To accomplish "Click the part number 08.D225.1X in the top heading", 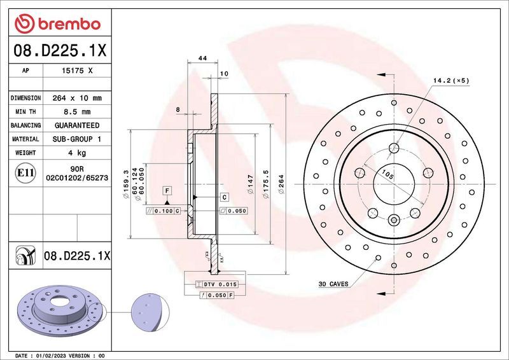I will (x=58, y=50).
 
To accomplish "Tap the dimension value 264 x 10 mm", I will (x=76, y=99).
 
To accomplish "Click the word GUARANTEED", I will (x=76, y=125).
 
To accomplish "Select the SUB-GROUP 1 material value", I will (x=76, y=139).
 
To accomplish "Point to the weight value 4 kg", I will (x=76, y=153).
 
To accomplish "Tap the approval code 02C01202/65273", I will (x=76, y=179).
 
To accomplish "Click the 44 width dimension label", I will (x=203, y=58).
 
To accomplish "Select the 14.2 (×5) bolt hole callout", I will (x=451, y=81).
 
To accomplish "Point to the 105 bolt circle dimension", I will (x=386, y=172).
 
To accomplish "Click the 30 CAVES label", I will (x=333, y=284).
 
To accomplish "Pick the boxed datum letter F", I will (x=166, y=190).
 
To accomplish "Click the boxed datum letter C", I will (x=224, y=197).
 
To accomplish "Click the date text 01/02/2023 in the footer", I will (x=58, y=355).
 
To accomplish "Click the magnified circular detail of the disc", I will (x=150, y=314).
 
